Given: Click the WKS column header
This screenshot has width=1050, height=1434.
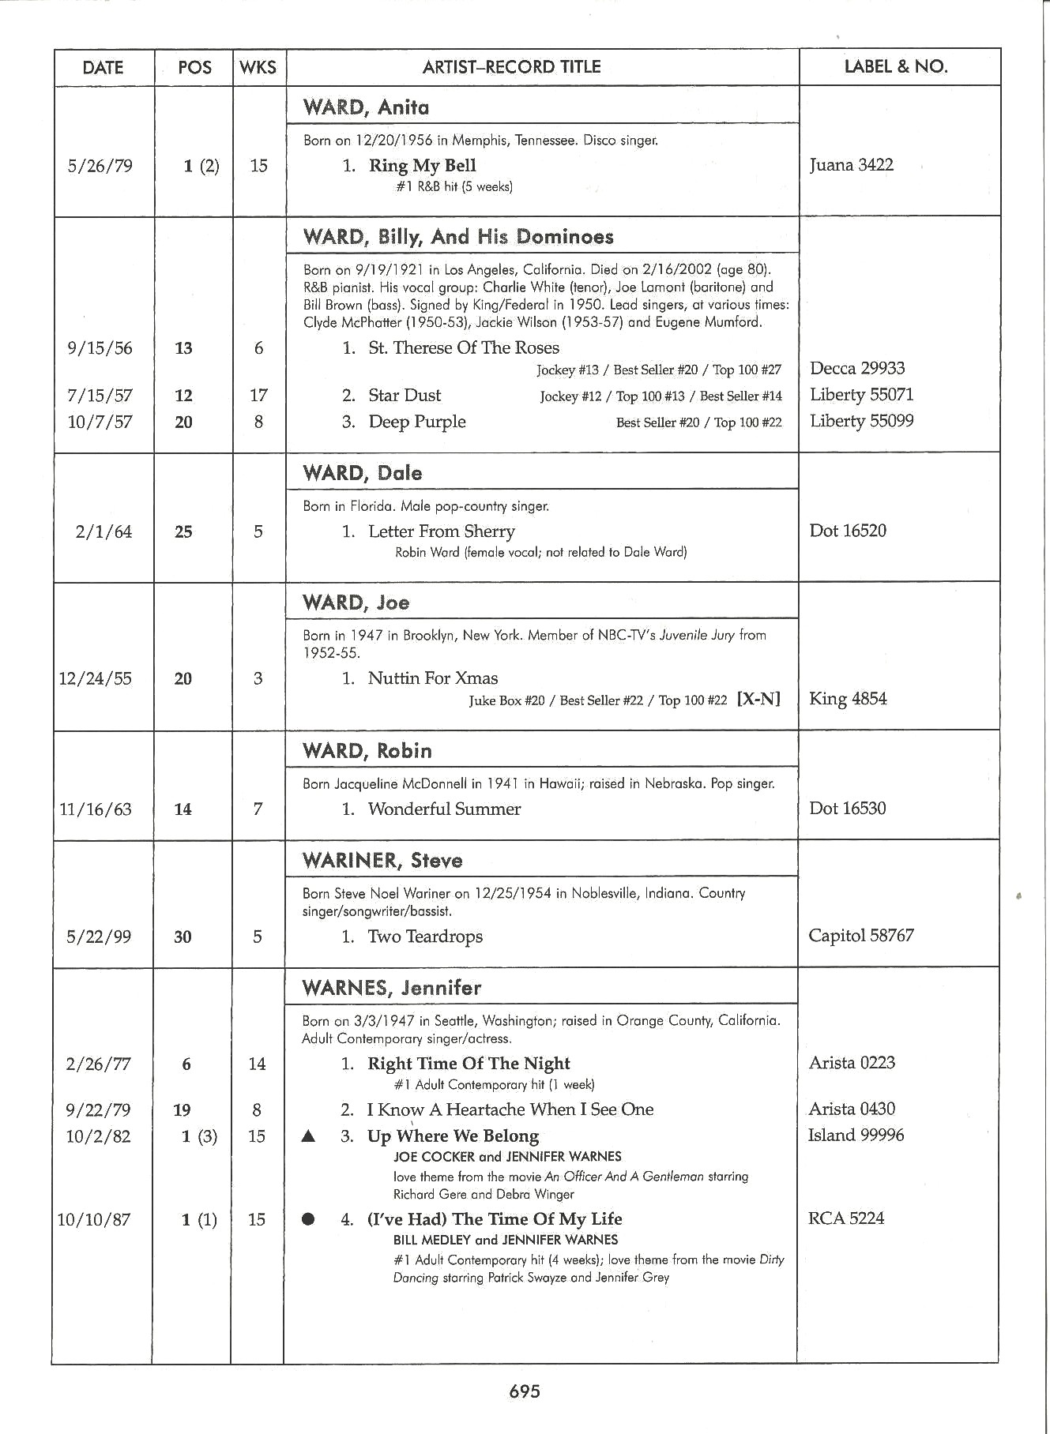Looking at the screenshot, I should [258, 67].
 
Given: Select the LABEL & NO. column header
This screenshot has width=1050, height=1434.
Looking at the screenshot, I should [896, 66].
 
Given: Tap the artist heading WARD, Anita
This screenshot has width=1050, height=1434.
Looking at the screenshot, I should [366, 107].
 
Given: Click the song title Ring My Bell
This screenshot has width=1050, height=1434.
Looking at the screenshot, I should [422, 166].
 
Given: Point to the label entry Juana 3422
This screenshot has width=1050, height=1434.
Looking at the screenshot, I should [852, 165].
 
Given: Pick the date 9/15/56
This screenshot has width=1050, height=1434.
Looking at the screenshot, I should [100, 348].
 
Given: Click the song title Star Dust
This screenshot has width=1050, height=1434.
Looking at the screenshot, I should [405, 396].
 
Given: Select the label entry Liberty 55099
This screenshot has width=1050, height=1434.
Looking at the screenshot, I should [861, 421].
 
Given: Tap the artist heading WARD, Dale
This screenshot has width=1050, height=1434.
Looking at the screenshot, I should [362, 474].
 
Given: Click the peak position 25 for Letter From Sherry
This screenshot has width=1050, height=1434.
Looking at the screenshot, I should [183, 532].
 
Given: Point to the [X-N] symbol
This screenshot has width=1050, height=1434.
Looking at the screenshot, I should [758, 699].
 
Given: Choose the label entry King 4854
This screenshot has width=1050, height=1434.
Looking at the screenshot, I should [848, 699].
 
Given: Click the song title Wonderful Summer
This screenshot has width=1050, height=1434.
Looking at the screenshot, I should [444, 809].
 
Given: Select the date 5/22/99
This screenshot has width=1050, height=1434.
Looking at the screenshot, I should [98, 937].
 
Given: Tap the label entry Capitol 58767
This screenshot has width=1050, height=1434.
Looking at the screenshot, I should [861, 936].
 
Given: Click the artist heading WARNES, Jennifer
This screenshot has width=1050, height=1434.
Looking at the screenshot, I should [391, 988].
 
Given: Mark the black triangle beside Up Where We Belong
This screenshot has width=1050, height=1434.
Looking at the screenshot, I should [309, 1137].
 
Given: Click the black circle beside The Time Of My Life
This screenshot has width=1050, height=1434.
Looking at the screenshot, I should [308, 1219].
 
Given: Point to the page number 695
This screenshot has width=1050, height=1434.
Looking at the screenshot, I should [525, 1391].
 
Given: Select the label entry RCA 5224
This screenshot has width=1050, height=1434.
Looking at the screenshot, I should [845, 1218].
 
